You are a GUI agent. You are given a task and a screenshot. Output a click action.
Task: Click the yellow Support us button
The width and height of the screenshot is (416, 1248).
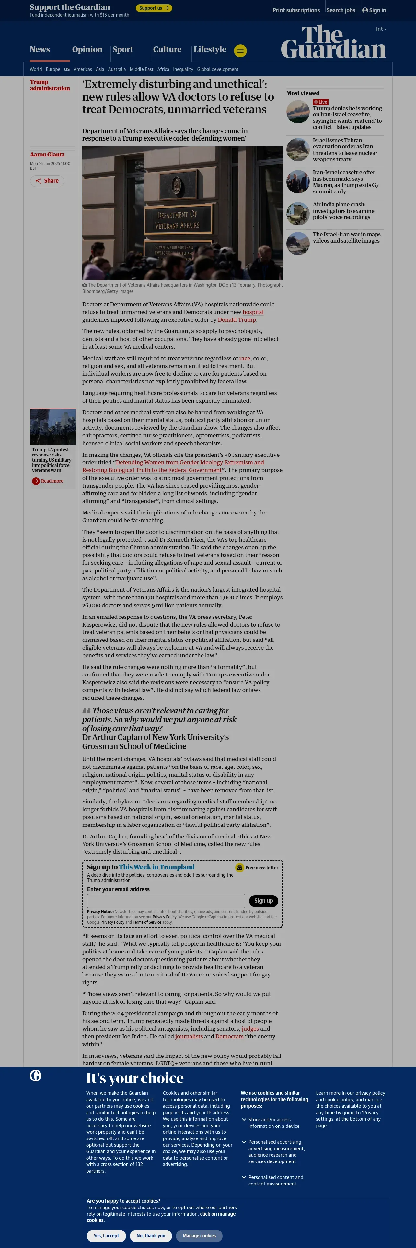pyautogui.click(x=154, y=8)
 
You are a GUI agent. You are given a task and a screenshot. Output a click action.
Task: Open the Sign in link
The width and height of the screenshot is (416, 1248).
pyautogui.click(x=374, y=10)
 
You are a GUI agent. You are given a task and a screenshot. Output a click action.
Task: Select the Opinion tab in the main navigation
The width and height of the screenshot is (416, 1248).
pyautogui.click(x=87, y=50)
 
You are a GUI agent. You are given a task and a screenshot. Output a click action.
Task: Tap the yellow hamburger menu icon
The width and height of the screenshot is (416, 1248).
pyautogui.click(x=240, y=51)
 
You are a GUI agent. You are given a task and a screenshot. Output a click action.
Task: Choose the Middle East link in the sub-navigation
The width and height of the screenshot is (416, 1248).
pyautogui.click(x=141, y=69)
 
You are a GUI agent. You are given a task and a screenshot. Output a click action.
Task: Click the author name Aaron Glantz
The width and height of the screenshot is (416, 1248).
pyautogui.click(x=47, y=155)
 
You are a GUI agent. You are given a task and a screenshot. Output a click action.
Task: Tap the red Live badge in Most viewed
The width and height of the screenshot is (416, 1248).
pyautogui.click(x=321, y=102)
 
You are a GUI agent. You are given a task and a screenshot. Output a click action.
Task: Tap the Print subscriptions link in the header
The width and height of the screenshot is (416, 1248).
pyautogui.click(x=296, y=10)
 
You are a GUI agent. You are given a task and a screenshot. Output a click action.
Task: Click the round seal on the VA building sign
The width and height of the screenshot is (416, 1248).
pyautogui.click(x=176, y=185)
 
